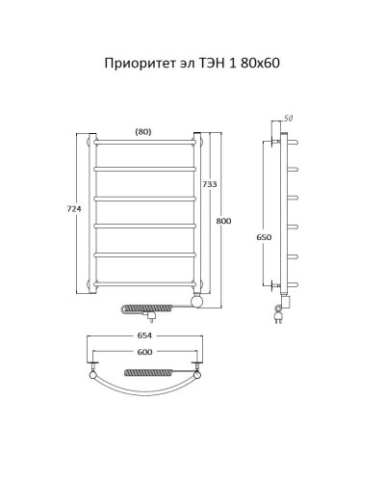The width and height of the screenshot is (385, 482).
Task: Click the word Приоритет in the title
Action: (x=137, y=65)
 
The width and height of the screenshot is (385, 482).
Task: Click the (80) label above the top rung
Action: (x=143, y=131)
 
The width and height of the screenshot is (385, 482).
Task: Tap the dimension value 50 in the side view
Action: (x=288, y=117)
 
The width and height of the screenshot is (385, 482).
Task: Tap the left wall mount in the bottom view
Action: (x=91, y=368)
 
